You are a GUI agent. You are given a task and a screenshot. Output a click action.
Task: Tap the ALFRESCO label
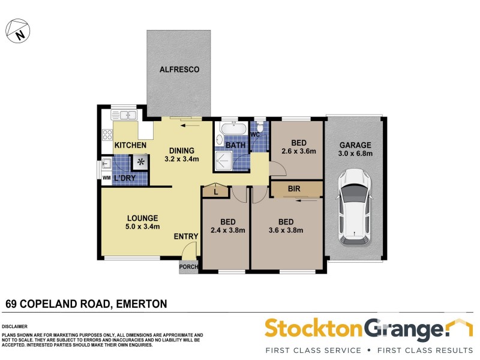coord(179,70)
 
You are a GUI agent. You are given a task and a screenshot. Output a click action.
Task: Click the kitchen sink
coord(127,115)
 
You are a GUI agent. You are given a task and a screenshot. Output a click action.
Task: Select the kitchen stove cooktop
coord(108,135)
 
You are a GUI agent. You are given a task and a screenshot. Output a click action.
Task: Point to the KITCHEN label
coord(130,145)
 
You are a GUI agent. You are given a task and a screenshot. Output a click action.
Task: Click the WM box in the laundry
coord(106,178)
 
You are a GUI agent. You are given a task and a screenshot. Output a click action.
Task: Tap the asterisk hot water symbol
coord(141,161)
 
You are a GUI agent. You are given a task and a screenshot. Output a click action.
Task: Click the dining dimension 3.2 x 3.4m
coord(181,159)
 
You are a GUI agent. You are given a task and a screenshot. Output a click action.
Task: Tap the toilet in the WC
coord(260,127)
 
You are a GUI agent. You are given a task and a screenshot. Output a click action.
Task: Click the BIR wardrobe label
coord(294,189)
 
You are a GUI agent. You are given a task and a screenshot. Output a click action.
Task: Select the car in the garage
coord(355,207)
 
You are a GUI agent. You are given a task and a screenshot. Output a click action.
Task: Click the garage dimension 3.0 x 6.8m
coord(356,154)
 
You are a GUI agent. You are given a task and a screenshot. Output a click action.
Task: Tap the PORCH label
coord(188,268)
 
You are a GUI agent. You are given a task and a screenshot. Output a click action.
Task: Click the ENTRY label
coord(186,236)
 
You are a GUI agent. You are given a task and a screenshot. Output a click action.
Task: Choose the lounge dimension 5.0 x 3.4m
coord(142,226)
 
